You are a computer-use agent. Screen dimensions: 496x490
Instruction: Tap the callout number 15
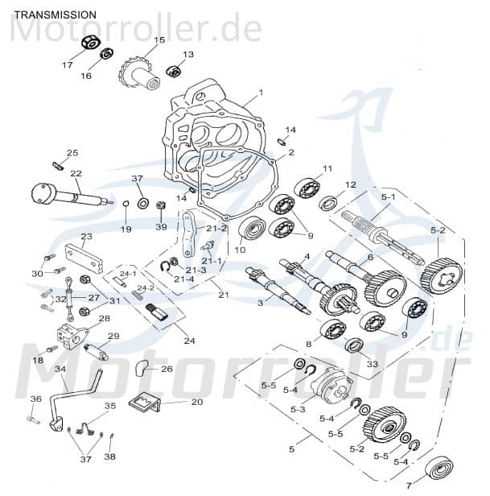pyautogui.click(x=159, y=40)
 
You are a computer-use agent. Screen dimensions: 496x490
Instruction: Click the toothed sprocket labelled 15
pyautogui.click(x=135, y=73)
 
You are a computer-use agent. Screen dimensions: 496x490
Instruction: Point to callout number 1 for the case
pyautogui.click(x=260, y=93)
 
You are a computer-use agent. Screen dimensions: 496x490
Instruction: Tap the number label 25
pyautogui.click(x=72, y=153)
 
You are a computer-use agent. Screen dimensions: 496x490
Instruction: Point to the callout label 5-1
pyautogui.click(x=388, y=196)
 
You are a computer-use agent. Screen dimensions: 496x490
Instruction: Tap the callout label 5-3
pyautogui.click(x=298, y=410)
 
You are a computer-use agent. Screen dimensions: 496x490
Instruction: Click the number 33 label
pyautogui.click(x=372, y=364)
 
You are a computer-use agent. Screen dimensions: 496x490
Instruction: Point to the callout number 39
pyautogui.click(x=162, y=228)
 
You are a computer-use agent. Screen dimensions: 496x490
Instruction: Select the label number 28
pyautogui.click(x=105, y=318)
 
